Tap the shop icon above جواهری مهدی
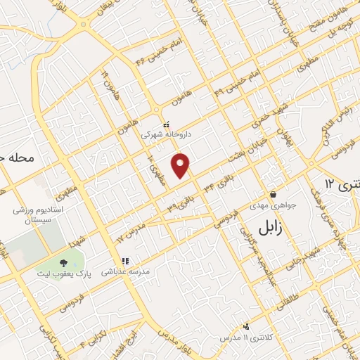pyautogui.click(x=272, y=195)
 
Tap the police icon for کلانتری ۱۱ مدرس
pyautogui.click(x=246, y=327)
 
